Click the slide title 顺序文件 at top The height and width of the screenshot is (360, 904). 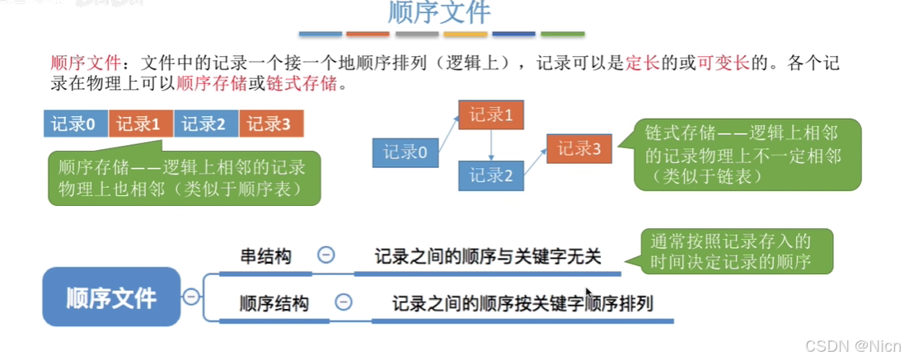point(439,13)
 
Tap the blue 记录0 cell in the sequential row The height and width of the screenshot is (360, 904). point(75,124)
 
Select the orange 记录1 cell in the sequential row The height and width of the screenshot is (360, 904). point(140,124)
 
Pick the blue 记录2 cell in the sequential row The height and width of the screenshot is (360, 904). point(205,124)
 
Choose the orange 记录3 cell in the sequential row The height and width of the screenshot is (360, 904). point(271,124)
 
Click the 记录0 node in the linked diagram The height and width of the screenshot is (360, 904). point(405,152)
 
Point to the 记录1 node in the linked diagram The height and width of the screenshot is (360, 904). point(491,115)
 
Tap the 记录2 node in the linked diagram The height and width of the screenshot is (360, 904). point(491,175)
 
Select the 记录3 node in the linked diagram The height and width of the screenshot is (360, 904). point(579,149)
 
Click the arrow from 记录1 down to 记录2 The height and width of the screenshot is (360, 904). point(491,145)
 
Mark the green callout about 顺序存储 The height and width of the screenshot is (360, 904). point(183,178)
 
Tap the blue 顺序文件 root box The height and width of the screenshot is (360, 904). point(111,296)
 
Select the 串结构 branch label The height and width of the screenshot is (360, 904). point(265,256)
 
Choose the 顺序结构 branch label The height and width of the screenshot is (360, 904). point(274,303)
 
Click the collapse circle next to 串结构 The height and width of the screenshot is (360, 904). point(326,255)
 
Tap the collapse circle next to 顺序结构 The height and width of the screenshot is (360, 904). point(344,302)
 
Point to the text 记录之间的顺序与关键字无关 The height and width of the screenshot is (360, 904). point(488,256)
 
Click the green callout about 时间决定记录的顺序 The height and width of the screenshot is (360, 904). point(736,252)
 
